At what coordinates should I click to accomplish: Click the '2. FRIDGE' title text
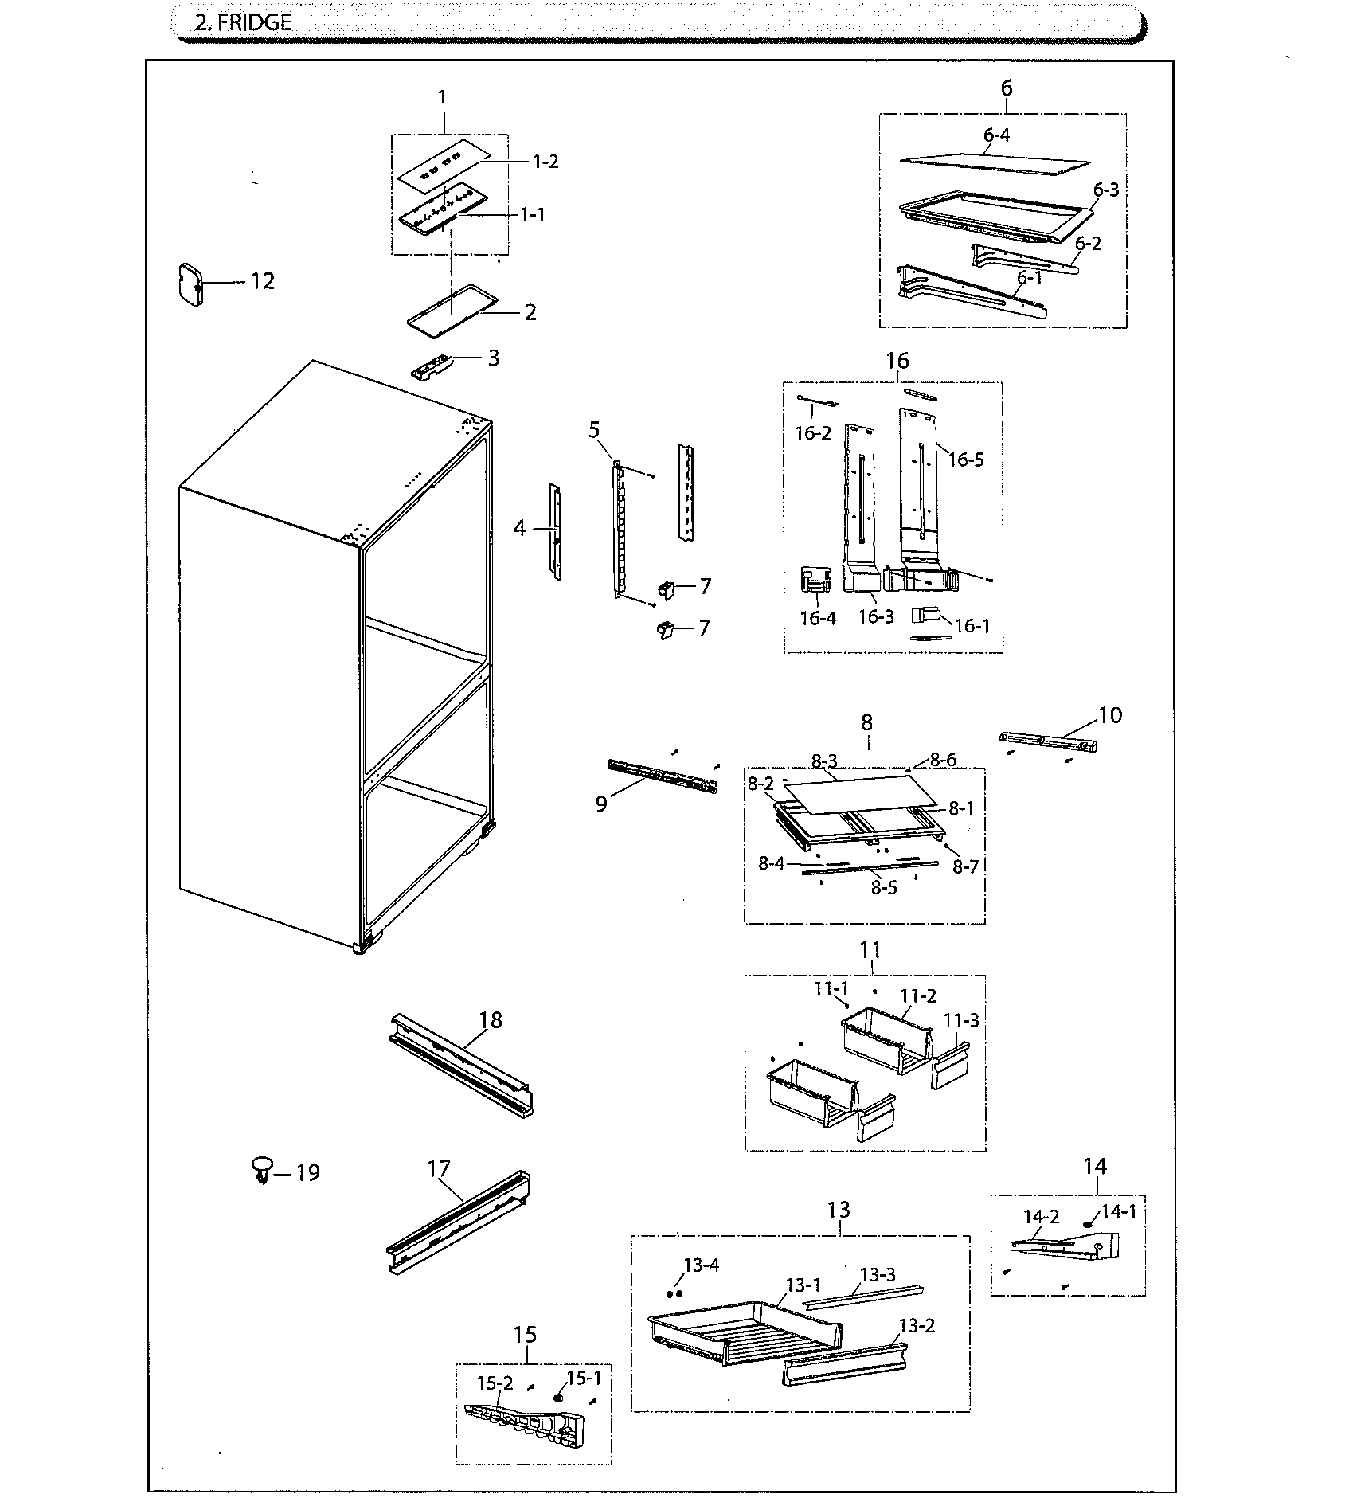click(243, 22)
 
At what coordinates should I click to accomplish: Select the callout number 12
click(262, 281)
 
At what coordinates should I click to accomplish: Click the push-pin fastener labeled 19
click(260, 1171)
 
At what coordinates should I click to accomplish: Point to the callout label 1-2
click(545, 162)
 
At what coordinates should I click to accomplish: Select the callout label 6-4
click(995, 135)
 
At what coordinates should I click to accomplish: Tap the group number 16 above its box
click(897, 361)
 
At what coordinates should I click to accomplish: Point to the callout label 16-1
click(972, 625)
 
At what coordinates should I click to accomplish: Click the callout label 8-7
click(965, 866)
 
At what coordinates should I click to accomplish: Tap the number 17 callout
click(439, 1168)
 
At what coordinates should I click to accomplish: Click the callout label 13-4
click(701, 1265)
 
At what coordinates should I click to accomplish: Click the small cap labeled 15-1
click(558, 1398)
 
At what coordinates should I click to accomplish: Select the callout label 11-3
click(961, 1020)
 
